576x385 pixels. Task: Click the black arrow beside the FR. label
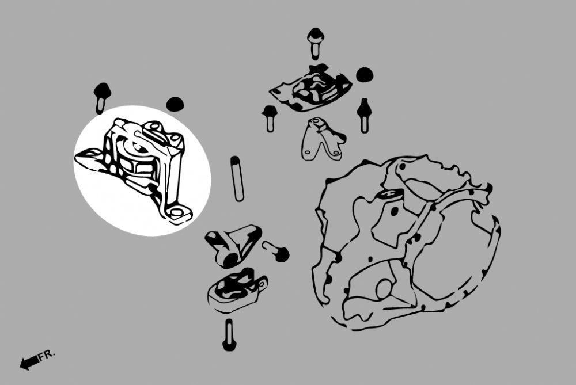tap(29, 362)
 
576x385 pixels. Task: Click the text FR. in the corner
tap(47, 355)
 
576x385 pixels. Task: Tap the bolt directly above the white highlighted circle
tap(102, 98)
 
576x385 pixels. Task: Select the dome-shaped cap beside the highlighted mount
tap(175, 104)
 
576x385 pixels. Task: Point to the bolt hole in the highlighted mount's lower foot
tap(177, 212)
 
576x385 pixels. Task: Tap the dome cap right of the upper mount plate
tap(365, 74)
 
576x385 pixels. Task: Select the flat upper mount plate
tap(311, 88)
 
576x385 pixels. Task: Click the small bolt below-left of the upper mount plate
tap(270, 118)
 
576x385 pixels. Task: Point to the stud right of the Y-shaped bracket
tap(363, 115)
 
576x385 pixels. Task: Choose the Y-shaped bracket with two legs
tap(323, 139)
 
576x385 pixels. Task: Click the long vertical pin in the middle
tap(237, 179)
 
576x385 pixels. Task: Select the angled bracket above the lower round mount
tap(233, 245)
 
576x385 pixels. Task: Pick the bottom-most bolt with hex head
tap(229, 334)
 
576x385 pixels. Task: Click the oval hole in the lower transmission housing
tap(384, 289)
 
